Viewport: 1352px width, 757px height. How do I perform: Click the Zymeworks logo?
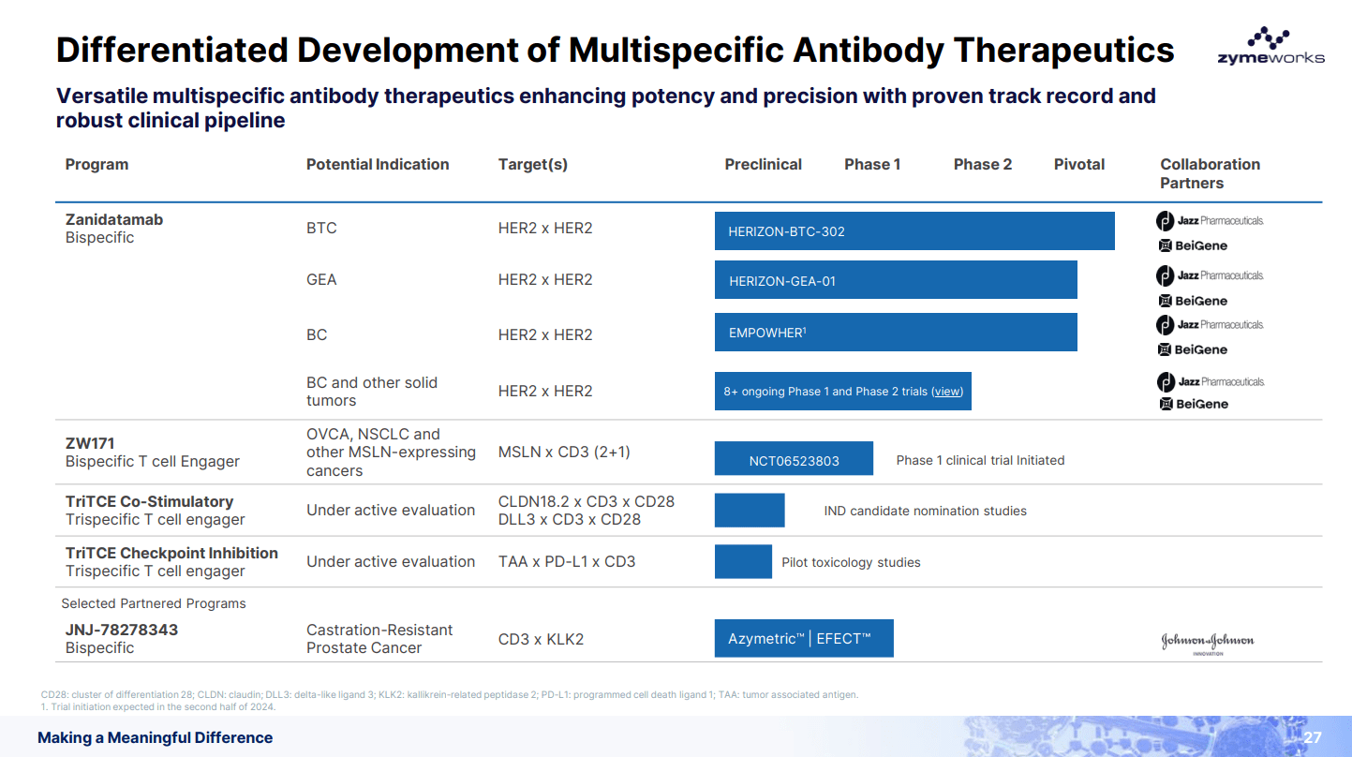[1270, 47]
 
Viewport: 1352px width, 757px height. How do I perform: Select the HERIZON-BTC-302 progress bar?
[914, 231]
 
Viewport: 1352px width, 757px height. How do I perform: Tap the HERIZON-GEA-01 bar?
[895, 280]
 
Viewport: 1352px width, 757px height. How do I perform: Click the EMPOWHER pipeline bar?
[895, 333]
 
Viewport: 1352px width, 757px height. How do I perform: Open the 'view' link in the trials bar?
[947, 392]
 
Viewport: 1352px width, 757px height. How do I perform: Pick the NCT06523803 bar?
[794, 459]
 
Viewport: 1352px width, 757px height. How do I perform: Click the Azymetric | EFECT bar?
[803, 638]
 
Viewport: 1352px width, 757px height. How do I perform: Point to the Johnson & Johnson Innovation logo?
[1207, 643]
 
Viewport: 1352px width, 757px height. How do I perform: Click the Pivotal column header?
[1078, 164]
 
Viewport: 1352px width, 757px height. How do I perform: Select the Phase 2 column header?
[982, 164]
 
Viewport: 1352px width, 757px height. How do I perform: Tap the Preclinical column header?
[763, 164]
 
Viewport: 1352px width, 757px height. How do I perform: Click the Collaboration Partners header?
[1210, 173]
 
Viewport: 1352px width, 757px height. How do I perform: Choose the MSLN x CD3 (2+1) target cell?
[563, 452]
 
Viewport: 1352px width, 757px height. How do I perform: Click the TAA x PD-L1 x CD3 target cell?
[566, 561]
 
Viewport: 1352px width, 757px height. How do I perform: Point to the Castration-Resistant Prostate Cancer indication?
[379, 639]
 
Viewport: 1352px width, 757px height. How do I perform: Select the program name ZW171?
[90, 442]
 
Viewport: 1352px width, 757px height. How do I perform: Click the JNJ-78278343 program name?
[121, 630]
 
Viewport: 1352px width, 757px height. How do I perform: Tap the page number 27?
[1312, 737]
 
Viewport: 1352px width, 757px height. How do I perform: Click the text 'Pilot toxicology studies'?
[851, 562]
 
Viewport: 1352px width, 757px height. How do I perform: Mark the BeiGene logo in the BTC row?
[1193, 245]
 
